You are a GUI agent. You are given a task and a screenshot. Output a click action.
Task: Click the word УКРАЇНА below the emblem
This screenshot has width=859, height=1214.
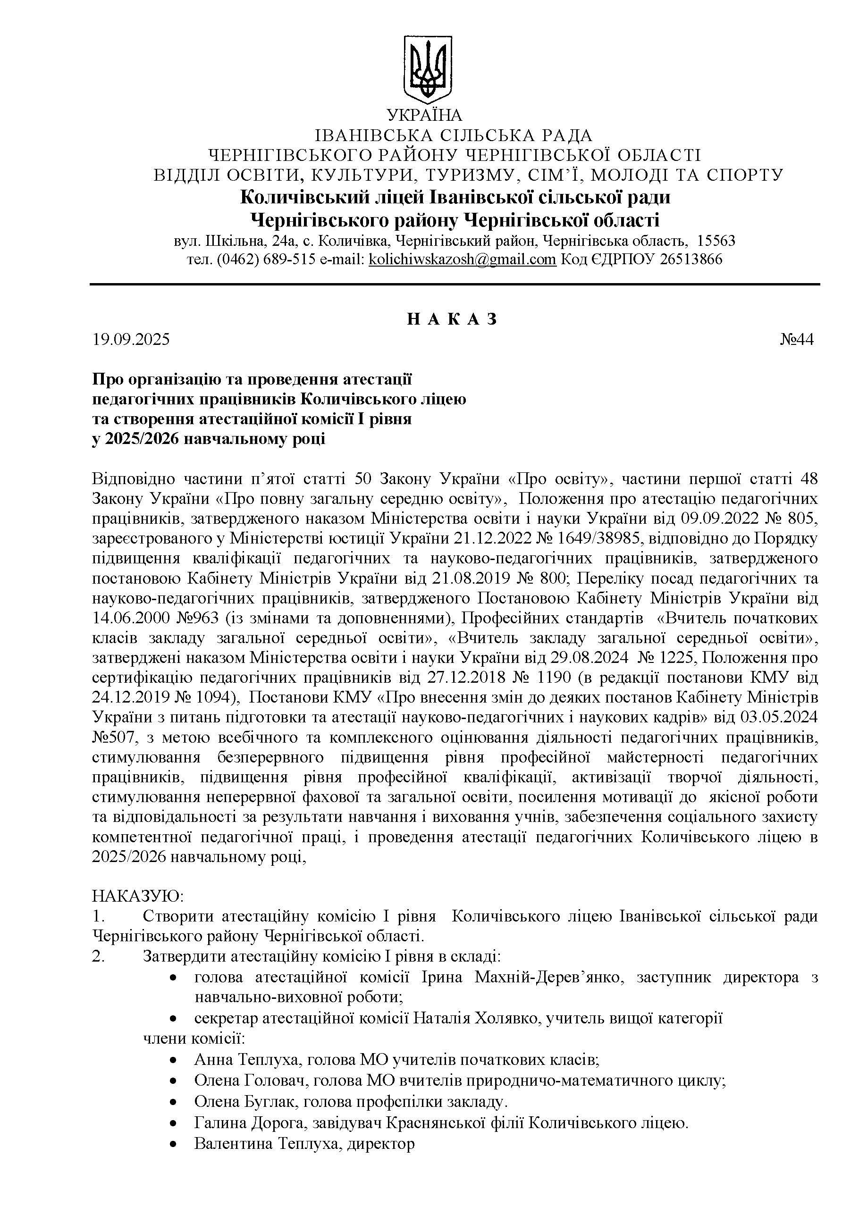click(425, 115)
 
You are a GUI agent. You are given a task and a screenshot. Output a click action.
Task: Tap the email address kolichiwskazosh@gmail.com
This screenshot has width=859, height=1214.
click(462, 260)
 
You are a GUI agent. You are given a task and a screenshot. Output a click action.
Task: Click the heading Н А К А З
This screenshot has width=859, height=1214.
click(452, 319)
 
